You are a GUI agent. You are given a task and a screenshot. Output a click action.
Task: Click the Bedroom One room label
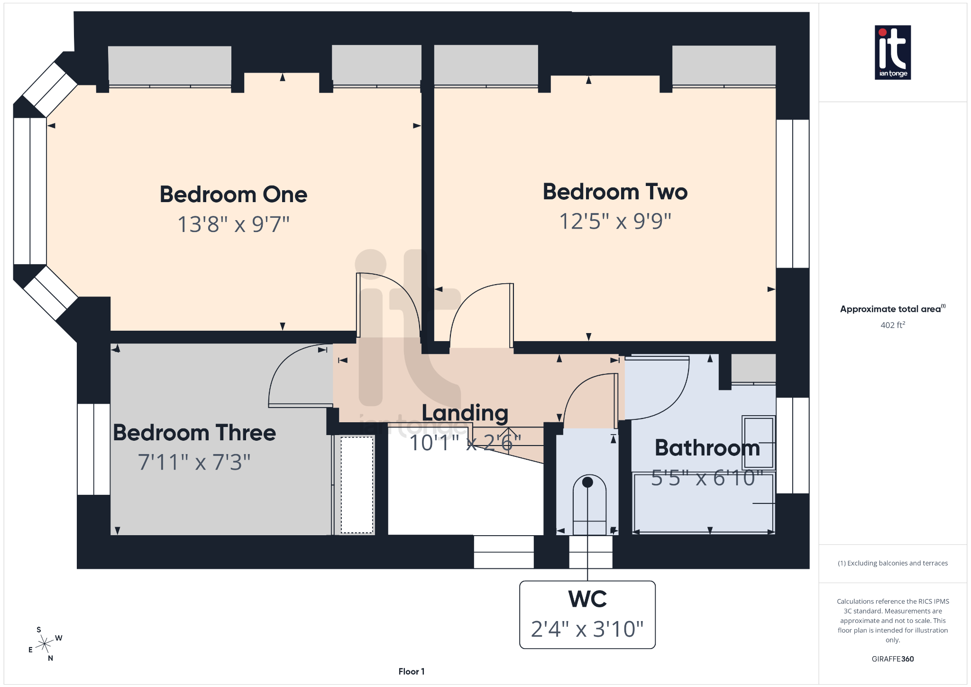[233, 195]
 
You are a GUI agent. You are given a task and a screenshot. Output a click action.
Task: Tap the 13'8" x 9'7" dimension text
[233, 224]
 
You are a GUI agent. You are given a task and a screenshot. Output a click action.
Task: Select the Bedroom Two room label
[615, 192]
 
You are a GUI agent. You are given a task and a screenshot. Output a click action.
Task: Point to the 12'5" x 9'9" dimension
[615, 221]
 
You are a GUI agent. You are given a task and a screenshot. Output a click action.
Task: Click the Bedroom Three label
[194, 433]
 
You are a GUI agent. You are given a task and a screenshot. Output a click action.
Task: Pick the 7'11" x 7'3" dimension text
[194, 462]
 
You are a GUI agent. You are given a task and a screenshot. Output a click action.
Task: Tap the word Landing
[465, 413]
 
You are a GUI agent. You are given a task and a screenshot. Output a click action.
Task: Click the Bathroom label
[707, 447]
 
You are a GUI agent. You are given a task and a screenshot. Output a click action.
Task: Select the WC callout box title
[587, 599]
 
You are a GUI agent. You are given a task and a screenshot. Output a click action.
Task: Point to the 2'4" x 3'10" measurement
[587, 629]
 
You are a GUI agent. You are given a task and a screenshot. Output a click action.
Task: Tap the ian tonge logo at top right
[892, 52]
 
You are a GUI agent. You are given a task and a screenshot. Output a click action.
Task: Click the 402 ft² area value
[892, 325]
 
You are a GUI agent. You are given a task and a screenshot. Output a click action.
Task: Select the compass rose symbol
[45, 644]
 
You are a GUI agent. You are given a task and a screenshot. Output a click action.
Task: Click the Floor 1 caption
[411, 671]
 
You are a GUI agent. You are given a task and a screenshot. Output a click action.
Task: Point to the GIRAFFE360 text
[892, 659]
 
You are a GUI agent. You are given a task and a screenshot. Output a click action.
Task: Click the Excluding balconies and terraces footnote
[892, 563]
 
